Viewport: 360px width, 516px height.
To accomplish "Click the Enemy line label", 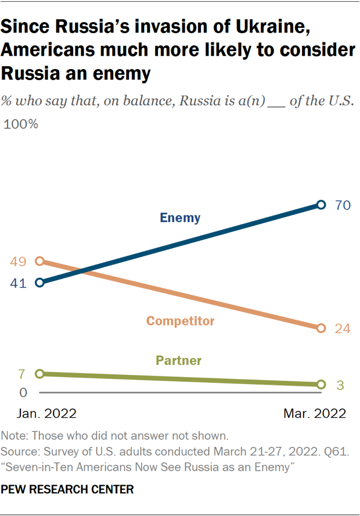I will (x=180, y=218).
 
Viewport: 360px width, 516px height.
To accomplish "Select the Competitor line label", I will (x=181, y=321).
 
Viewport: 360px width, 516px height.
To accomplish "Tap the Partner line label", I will (x=179, y=361).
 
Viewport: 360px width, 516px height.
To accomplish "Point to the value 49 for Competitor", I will (x=18, y=261).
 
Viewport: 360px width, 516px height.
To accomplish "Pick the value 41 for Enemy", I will (x=18, y=284).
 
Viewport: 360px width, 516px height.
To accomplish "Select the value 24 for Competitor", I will (x=343, y=328).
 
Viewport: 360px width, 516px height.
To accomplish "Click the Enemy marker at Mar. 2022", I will (x=321, y=205).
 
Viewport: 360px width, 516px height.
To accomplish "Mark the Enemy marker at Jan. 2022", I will (x=39, y=283).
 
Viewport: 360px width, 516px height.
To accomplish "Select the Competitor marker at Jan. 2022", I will (x=39, y=261).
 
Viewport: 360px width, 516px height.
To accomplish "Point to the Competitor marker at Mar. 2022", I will (x=321, y=328).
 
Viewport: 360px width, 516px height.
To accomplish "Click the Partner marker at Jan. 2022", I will (x=39, y=374).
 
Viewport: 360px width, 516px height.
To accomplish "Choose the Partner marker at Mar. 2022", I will (x=321, y=385).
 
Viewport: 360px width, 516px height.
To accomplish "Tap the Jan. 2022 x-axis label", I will (x=46, y=414).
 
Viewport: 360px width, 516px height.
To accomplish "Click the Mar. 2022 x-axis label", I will (x=314, y=414).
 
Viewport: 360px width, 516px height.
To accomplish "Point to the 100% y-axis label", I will (x=21, y=124).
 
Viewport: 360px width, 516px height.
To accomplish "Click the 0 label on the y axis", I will (x=23, y=393).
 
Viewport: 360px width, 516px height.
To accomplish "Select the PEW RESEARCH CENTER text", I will (x=67, y=490).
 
